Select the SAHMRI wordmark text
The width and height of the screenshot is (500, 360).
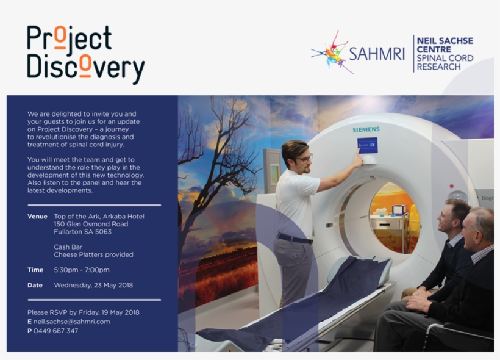tap(377, 54)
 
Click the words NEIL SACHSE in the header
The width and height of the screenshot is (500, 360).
tap(445, 41)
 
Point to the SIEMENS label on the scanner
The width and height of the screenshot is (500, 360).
tap(366, 129)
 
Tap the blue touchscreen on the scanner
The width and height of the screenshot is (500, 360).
tap(367, 146)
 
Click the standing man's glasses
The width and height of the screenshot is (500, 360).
tap(304, 158)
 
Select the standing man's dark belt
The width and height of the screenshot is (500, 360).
tap(294, 239)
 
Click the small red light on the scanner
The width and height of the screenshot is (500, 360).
tap(452, 185)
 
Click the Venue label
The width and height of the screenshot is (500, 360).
tap(37, 217)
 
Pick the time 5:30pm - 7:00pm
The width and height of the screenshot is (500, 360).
tap(82, 270)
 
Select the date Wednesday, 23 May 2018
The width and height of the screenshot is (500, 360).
tap(93, 285)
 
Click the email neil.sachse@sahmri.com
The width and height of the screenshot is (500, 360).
tap(72, 322)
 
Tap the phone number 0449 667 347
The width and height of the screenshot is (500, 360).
tap(56, 331)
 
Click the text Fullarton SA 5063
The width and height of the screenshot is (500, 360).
tap(82, 232)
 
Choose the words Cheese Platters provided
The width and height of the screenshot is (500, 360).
tap(93, 254)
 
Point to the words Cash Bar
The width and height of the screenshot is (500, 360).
tap(68, 247)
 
